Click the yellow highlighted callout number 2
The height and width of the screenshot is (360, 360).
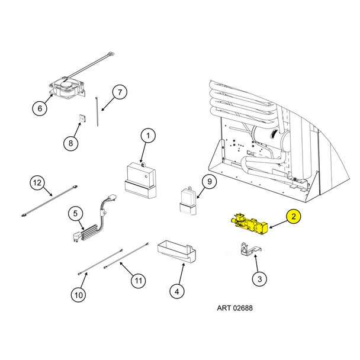point(294,216)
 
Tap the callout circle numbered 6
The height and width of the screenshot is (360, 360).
point(40,108)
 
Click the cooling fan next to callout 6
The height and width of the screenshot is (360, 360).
point(67,89)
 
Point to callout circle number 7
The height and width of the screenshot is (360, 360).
point(120,92)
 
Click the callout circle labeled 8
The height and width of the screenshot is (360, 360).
point(70,143)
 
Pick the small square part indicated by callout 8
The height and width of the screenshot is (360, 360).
point(82,118)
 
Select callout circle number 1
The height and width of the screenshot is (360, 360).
point(148,136)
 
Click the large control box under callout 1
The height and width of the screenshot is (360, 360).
point(140,180)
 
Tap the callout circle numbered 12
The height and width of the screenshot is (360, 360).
point(37,183)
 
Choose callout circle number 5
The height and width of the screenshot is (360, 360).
point(75,214)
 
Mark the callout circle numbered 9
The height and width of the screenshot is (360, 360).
point(210,182)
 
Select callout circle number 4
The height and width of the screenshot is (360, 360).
point(176,291)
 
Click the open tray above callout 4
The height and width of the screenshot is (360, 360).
point(176,251)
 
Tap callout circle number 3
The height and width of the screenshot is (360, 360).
point(259,279)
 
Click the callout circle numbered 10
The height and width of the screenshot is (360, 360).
point(78,295)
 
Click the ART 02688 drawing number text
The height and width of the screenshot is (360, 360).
point(234,308)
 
